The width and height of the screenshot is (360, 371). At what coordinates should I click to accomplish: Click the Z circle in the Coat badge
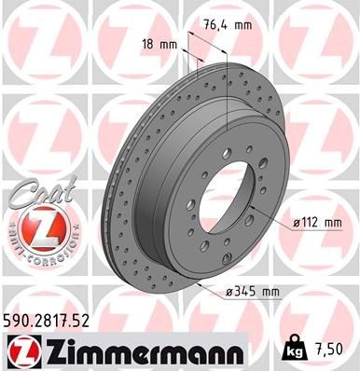point(35,226)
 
